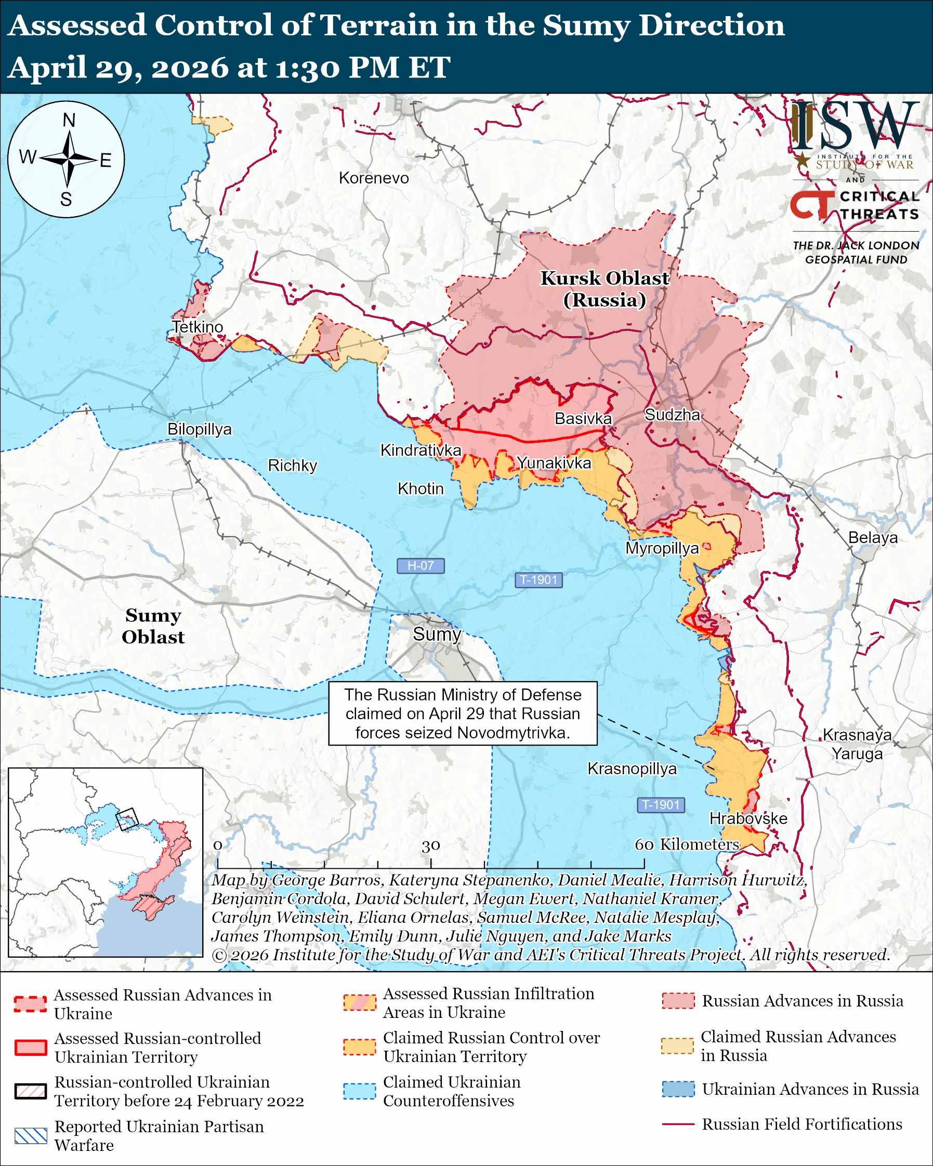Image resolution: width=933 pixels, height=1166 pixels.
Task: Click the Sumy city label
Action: click(437, 634)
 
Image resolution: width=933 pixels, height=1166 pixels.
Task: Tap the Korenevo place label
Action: click(374, 178)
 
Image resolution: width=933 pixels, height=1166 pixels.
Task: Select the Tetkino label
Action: click(198, 327)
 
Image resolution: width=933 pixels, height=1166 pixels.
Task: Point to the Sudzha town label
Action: click(672, 415)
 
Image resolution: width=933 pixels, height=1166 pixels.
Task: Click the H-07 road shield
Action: click(420, 566)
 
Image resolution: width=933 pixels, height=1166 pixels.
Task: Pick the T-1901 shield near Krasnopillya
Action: click(661, 805)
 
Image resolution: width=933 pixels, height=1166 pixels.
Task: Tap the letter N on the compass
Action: click(69, 120)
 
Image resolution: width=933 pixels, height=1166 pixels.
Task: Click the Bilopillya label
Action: click(199, 429)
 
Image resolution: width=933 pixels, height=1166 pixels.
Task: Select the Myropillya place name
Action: click(662, 548)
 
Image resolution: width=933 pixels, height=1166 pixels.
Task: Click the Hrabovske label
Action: click(748, 818)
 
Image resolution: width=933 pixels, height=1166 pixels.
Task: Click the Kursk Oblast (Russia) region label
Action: click(605, 289)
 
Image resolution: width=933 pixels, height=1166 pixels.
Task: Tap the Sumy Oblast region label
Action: click(153, 626)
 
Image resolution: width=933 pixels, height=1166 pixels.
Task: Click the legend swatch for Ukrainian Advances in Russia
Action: click(678, 1089)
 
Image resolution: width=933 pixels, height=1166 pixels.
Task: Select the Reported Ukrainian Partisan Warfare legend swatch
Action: click(31, 1136)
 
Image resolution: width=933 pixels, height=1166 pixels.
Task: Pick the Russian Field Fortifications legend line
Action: click(678, 1124)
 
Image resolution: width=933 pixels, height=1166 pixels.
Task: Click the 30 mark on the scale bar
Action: click(431, 845)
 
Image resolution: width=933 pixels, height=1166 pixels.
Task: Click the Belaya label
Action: click(872, 538)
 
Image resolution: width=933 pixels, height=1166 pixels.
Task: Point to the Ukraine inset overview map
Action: click(106, 862)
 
